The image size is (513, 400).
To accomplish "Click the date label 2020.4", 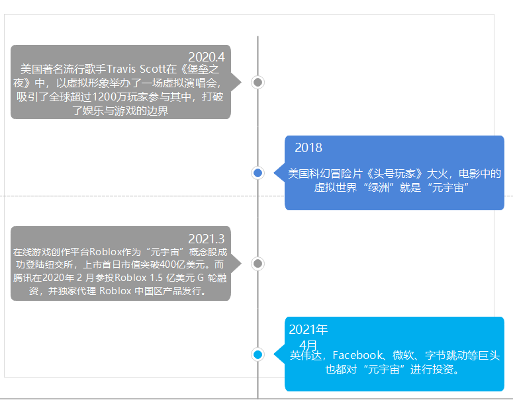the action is coord(206,57).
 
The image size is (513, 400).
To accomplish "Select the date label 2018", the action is coord(308,147).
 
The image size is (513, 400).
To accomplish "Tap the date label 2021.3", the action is coord(206,239).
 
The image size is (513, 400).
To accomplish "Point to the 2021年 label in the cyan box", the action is coord(308,330).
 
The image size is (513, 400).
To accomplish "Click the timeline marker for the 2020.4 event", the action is coord(258,82).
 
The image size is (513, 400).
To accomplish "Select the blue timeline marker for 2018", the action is coord(258,173).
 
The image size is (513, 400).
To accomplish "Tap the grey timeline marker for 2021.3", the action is coord(258,264).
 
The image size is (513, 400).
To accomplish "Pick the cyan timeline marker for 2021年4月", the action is coord(258,354).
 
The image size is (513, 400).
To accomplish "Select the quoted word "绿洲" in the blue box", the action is coord(373,188).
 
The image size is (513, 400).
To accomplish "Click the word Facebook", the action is coord(361,356).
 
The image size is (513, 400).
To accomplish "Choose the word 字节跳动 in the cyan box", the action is coord(447,356).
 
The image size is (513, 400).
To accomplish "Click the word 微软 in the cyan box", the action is coord(404,356).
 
